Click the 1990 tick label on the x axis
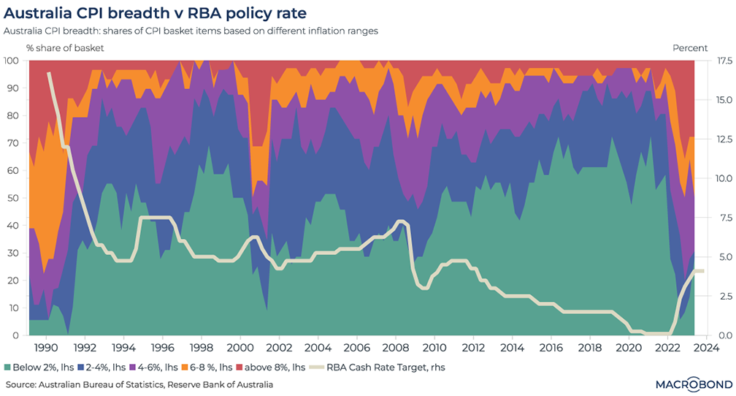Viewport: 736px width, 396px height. [47, 348]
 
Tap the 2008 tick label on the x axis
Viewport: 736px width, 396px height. [396, 348]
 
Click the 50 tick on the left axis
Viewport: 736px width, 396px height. [12, 198]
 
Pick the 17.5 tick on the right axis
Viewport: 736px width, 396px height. [720, 61]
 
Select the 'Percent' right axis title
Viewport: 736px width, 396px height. [690, 47]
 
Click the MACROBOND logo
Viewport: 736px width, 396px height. [687, 384]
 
